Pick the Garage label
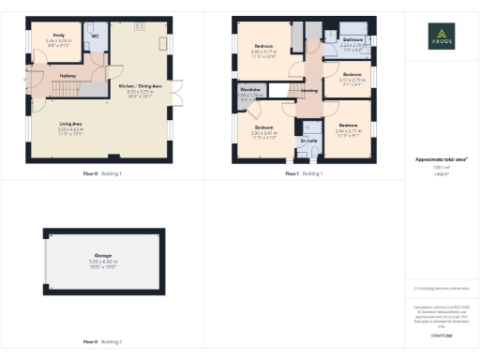point(102,254)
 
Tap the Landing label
point(307,90)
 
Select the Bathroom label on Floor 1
point(352,39)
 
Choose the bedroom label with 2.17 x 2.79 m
point(352,74)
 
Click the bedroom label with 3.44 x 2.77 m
point(348,125)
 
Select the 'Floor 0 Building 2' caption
point(97,342)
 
